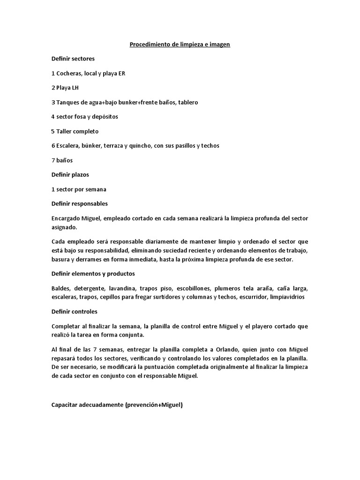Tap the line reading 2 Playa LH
(65, 88)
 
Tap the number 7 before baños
(53, 160)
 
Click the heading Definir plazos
(70, 174)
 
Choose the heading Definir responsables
(79, 203)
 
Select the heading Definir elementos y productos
(93, 274)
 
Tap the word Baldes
(60, 288)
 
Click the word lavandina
(123, 288)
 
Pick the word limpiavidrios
(287, 297)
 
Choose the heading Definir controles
(75, 311)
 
